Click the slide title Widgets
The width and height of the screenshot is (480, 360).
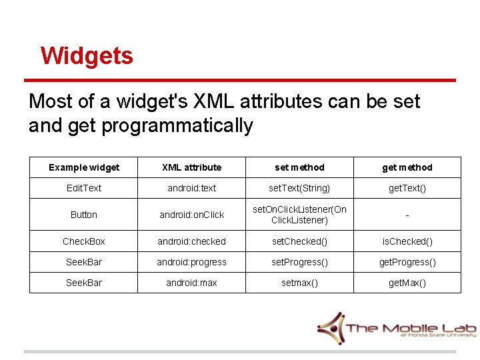pyautogui.click(x=87, y=55)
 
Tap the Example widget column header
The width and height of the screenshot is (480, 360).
pyautogui.click(x=84, y=167)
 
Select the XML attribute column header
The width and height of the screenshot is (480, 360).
pyautogui.click(x=192, y=167)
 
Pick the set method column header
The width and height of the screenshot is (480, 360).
pyautogui.click(x=299, y=167)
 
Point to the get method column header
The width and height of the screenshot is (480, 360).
pyautogui.click(x=407, y=167)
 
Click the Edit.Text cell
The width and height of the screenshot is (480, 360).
pyautogui.click(x=84, y=188)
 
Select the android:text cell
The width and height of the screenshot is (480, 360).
pyautogui.click(x=192, y=188)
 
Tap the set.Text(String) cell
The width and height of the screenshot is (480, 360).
pyautogui.click(x=299, y=188)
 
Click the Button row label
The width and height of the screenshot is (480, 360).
pyautogui.click(x=84, y=215)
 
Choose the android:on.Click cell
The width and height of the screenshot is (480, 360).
pyautogui.click(x=192, y=215)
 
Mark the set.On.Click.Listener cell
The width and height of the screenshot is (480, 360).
pyautogui.click(x=299, y=215)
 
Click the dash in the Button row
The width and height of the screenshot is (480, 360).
pyautogui.click(x=407, y=215)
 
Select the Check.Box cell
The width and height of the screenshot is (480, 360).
pyautogui.click(x=84, y=241)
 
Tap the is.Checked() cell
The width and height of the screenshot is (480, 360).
pyautogui.click(x=407, y=241)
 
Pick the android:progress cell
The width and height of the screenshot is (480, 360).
pyautogui.click(x=192, y=262)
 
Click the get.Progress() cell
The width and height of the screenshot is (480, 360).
pyautogui.click(x=407, y=262)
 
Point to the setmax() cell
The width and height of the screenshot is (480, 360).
pyautogui.click(x=299, y=283)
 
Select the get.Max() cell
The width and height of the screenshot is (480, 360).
pyautogui.click(x=407, y=283)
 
